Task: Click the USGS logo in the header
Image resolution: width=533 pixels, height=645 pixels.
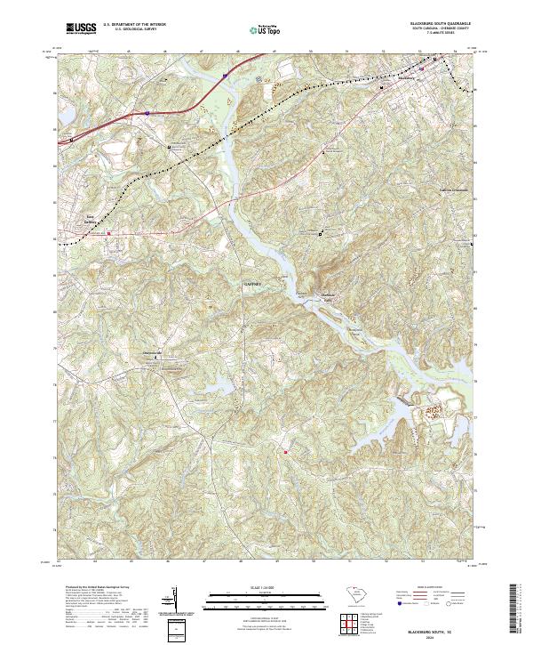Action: coord(81,28)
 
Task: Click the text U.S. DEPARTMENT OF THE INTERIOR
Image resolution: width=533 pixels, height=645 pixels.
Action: coord(134,24)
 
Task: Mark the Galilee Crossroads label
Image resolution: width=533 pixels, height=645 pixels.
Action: coord(452,189)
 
